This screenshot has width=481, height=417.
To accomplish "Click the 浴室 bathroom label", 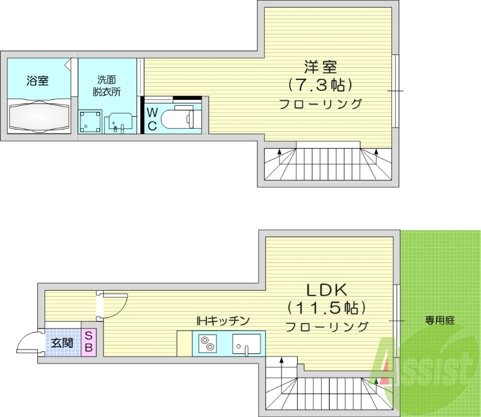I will coord(37,81).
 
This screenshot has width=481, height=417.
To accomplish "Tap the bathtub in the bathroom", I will coord(38,116).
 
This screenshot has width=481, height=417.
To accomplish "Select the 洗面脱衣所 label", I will coord(106,86).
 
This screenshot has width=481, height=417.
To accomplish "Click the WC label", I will coord(153,119).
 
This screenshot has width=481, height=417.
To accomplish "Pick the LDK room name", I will coord(326,290).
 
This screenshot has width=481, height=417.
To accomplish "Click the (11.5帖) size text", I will coord(326,308).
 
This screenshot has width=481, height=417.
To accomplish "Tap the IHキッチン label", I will coord(222,321).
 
